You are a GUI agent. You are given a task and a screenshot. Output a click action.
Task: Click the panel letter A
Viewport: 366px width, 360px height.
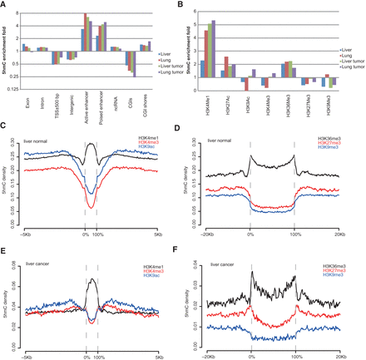pyautogui.click(x=5, y=6)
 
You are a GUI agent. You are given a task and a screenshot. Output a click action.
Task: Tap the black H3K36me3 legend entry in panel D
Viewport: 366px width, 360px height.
pyautogui.click(x=329, y=133)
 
